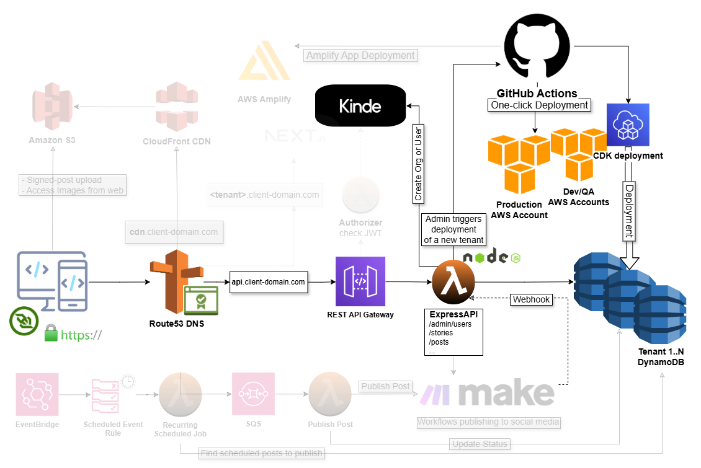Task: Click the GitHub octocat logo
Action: coord(537,47)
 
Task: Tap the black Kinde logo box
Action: coord(360,106)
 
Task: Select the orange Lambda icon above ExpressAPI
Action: coord(453,282)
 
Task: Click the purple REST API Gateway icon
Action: coord(360,281)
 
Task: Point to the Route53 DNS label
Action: coord(177,323)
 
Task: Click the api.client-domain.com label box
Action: coord(269,282)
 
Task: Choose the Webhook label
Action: coord(531,299)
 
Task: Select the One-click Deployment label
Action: coord(539,105)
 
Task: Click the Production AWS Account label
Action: coord(519,210)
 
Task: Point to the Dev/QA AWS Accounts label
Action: coord(578,197)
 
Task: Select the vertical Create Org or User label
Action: coord(418,164)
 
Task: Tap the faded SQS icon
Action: coord(252,394)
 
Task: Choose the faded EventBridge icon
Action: coord(37,394)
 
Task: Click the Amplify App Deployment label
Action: coord(361,56)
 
